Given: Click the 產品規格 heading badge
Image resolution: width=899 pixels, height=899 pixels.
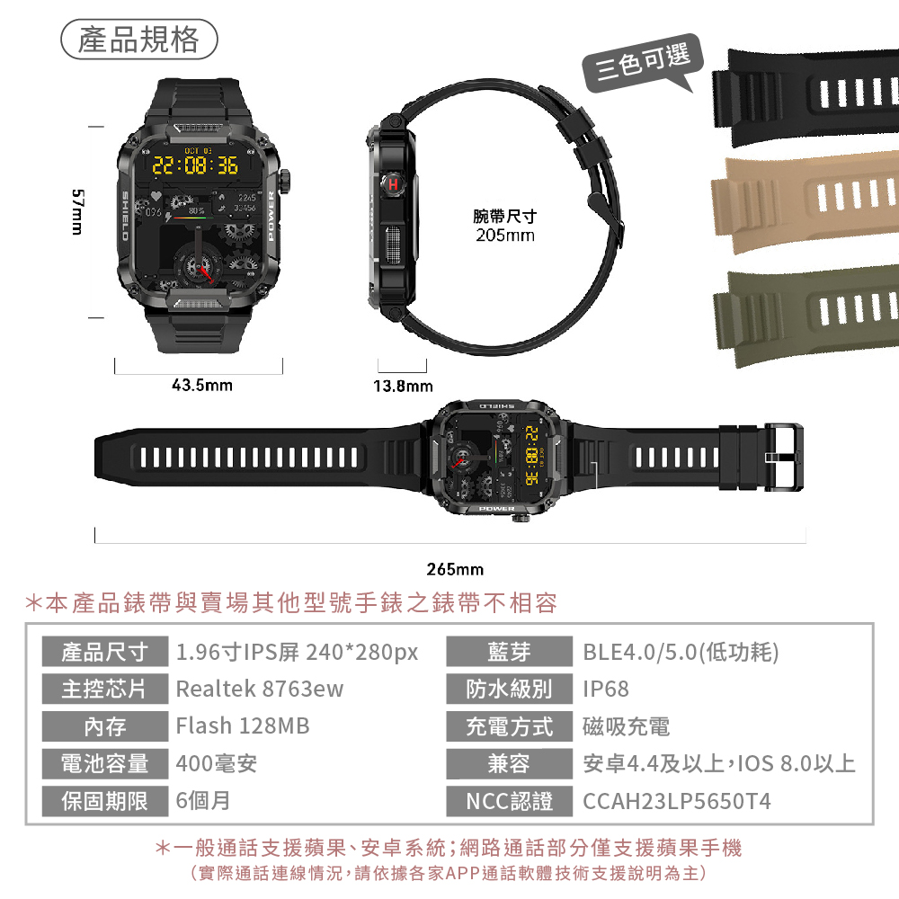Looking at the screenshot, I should tap(138, 40).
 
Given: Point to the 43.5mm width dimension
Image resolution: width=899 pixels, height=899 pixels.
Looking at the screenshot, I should tap(201, 386).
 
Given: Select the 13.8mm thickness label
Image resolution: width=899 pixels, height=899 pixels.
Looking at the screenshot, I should tap(402, 387).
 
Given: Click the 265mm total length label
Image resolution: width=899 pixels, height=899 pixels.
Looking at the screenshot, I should tap(455, 569).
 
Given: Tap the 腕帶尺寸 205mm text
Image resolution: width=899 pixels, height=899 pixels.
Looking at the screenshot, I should tap(504, 227).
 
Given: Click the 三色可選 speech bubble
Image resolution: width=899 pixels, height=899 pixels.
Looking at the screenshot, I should tap(641, 63).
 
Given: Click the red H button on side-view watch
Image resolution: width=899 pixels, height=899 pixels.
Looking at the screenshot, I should tap(393, 184).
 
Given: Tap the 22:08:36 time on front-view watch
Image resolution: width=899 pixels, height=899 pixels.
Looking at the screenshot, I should tap(194, 165).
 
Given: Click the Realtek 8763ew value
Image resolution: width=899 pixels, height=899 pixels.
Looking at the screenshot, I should tap(260, 690).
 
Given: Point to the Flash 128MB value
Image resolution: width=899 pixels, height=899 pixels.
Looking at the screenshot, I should tap(242, 726).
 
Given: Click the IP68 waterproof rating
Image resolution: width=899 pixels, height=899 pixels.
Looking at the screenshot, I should tap(606, 690).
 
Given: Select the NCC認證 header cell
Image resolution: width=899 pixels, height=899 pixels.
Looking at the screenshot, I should tap(509, 801).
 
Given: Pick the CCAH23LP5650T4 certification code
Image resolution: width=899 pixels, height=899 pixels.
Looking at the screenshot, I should tap(677, 801).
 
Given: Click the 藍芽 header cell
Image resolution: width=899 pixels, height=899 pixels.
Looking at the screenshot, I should tap(509, 652).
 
